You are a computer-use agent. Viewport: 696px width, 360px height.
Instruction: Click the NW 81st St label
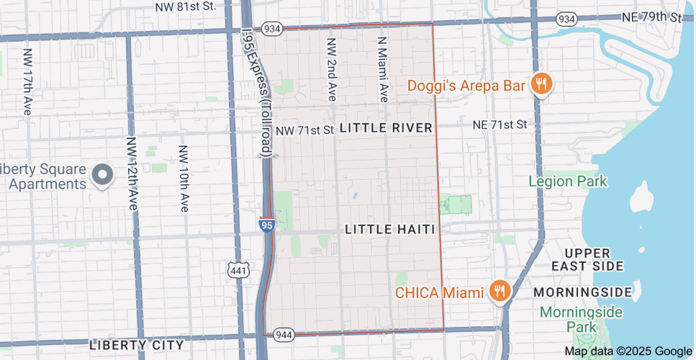coord(186,6)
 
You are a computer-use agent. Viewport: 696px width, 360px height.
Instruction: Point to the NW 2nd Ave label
coord(332,70)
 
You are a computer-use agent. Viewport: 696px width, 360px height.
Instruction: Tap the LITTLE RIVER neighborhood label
coord(386,128)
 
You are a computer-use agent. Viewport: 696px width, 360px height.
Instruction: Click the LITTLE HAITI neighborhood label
coord(390,229)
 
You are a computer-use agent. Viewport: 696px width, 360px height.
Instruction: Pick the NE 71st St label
coord(500,125)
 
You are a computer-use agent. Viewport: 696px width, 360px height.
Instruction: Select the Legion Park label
coord(568,181)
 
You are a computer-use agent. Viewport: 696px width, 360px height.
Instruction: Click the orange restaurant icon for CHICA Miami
coord(498,292)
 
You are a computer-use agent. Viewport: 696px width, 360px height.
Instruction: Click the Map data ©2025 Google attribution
coord(628,351)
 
